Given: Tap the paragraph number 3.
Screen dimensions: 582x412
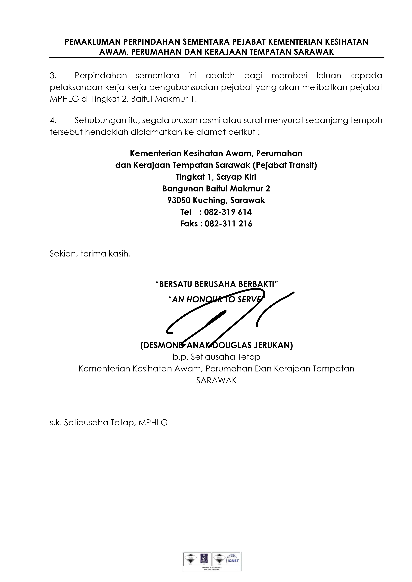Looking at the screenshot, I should point(53,75).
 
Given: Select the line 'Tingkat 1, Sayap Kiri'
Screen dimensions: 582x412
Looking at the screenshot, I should point(216,177).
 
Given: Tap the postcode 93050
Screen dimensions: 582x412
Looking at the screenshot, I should point(179,200).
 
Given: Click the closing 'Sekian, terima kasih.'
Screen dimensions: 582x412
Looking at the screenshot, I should point(90,254).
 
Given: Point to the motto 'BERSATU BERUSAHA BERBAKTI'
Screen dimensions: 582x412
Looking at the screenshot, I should point(216,284).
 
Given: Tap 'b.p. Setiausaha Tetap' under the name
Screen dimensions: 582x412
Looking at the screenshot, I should point(216,357).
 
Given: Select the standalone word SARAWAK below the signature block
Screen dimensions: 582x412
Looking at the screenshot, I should point(216,380).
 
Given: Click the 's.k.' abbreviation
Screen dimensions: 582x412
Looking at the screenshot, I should point(56,423).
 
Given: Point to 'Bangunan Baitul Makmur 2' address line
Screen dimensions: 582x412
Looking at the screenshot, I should point(216,189).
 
